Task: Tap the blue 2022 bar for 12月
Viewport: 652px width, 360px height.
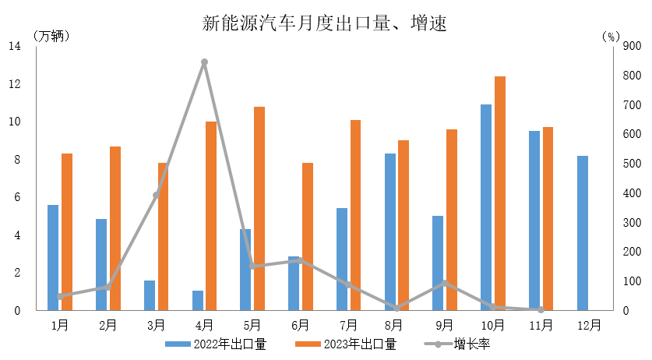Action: tap(583, 233)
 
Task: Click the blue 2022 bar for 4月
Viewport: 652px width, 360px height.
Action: tap(198, 301)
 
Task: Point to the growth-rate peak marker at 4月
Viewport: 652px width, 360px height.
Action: tap(204, 62)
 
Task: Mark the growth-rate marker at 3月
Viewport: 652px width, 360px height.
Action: tap(156, 195)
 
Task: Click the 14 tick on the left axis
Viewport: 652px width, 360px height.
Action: tap(15, 46)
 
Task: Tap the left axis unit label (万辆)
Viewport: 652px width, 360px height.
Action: tap(51, 36)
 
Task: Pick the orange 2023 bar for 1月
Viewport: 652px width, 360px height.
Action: tap(67, 231)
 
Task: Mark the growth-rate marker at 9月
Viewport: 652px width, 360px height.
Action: tap(445, 283)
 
